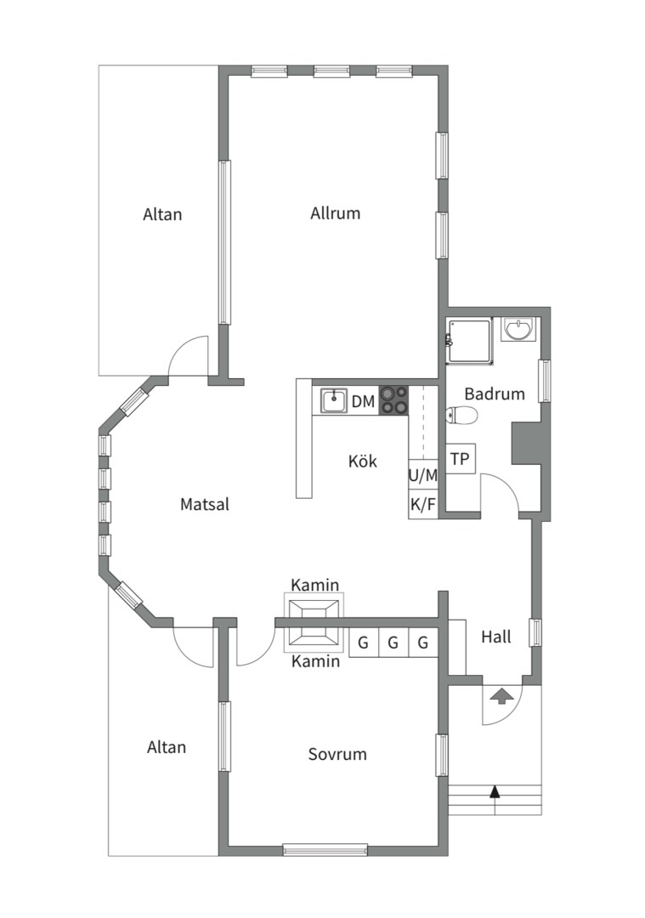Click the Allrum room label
(x=335, y=212)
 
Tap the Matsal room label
(x=204, y=504)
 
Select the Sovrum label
(x=337, y=753)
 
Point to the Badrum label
(x=495, y=394)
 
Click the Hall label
(x=496, y=637)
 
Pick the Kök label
(x=363, y=461)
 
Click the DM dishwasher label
(x=363, y=401)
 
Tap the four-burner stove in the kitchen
(x=394, y=401)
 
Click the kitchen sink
(x=334, y=401)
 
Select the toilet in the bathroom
(x=461, y=415)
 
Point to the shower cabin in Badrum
(x=469, y=342)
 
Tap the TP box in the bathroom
(x=460, y=458)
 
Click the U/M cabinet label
(x=423, y=475)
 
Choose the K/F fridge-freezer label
(x=423, y=504)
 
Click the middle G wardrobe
(x=393, y=643)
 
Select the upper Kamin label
(x=315, y=584)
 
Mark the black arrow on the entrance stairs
(x=495, y=800)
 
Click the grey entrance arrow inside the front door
(x=501, y=697)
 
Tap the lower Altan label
(x=167, y=747)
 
